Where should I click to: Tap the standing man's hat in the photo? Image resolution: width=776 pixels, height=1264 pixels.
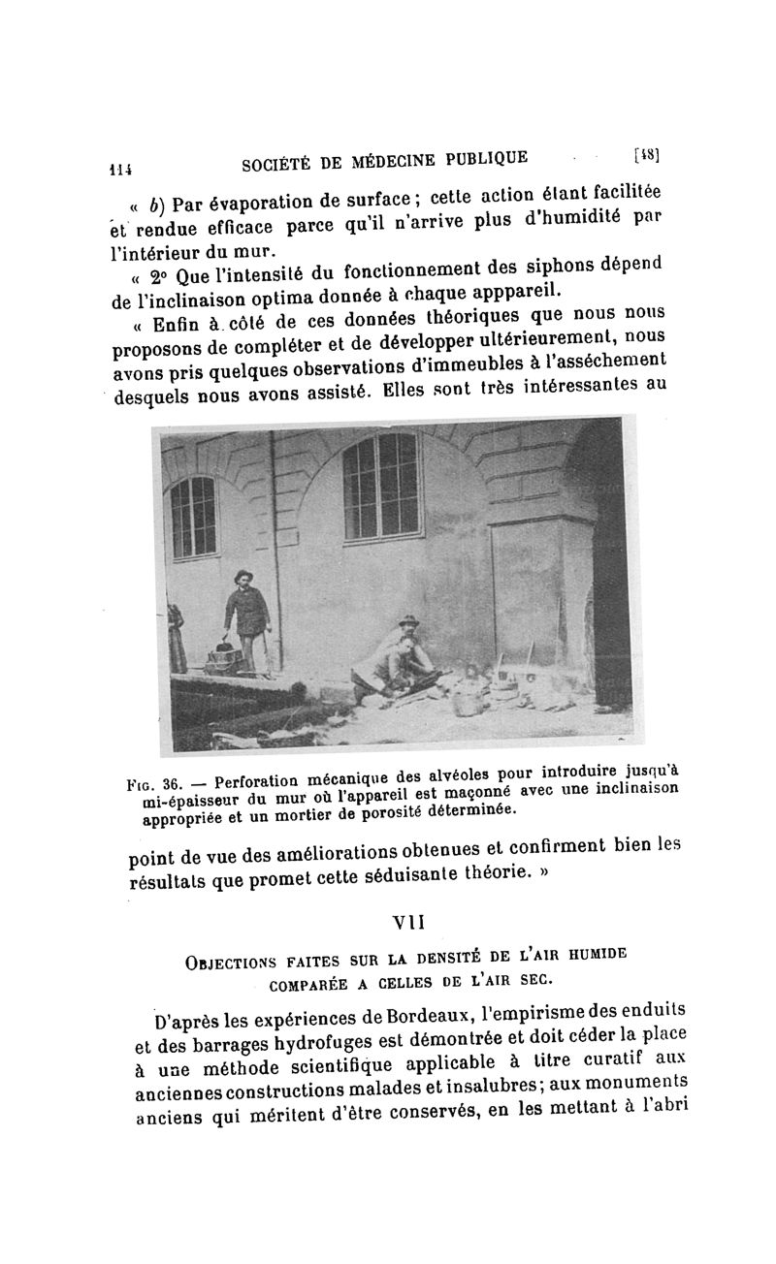point(243,575)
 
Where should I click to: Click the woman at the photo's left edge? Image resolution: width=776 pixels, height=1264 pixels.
point(176,640)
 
